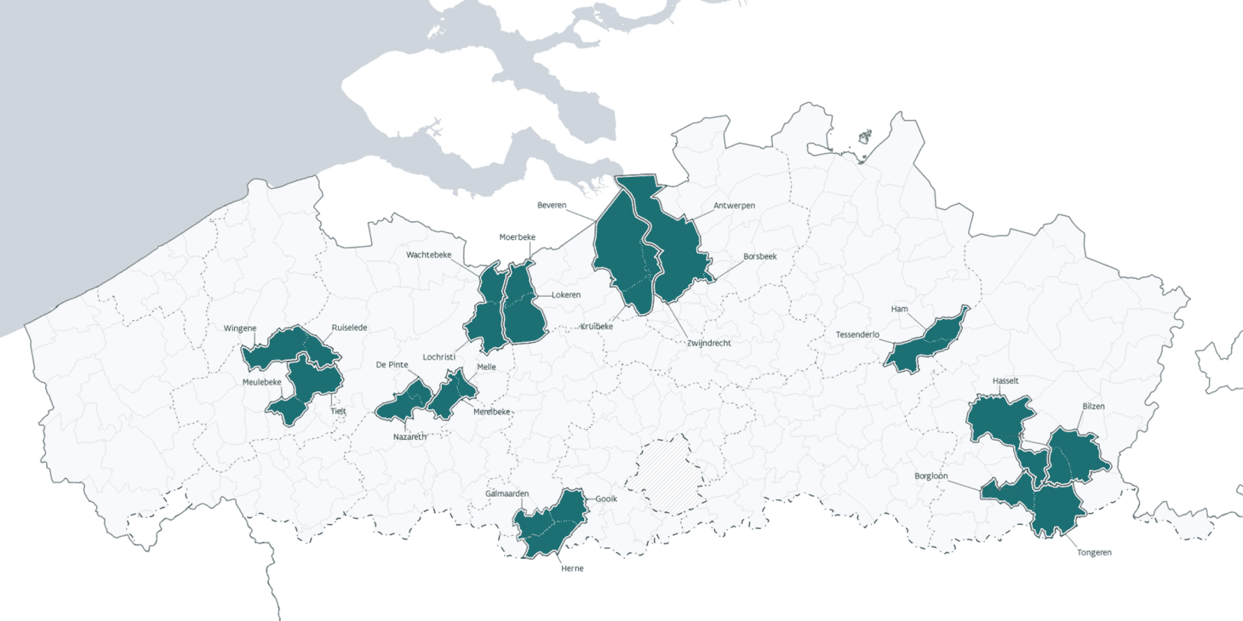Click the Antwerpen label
[734, 206]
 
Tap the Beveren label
[552, 206]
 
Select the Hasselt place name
[1005, 381]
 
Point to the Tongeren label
[1093, 552]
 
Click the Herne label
[572, 568]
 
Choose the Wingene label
[239, 328]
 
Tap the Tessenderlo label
[857, 335]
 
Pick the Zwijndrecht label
[709, 343]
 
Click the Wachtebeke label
[428, 254]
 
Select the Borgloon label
[931, 476]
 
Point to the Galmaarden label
[507, 494]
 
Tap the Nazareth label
[410, 437]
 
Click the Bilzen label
[1093, 407]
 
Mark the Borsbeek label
[759, 256]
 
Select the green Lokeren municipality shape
[523, 306]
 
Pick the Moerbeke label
[517, 237]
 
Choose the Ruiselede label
[349, 328]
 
